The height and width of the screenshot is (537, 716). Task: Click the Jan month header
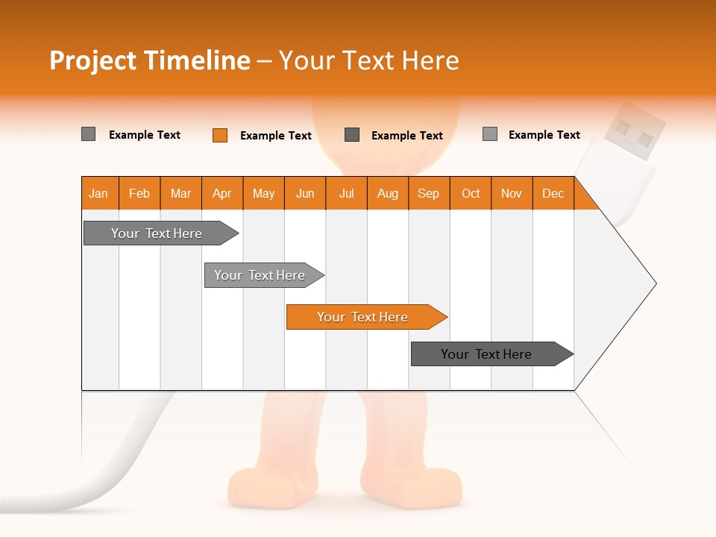coord(99,193)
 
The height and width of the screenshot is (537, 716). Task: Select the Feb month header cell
coord(139,193)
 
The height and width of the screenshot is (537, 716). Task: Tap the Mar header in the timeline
coord(180,193)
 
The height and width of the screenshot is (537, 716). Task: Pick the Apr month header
coord(222,193)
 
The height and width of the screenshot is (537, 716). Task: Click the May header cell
coord(263,193)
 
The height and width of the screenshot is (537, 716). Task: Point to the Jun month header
coord(305,193)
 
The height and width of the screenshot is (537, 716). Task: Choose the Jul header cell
coord(346,193)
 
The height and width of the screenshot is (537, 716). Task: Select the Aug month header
coord(388,193)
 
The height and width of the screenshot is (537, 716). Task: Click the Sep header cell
coord(429,193)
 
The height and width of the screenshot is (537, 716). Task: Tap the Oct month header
coord(471,193)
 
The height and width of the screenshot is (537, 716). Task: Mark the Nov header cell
coord(512,193)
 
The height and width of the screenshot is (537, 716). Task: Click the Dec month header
coord(553,193)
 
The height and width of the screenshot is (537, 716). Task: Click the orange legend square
coord(220,135)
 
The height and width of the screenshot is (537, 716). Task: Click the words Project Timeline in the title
coord(150,60)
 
